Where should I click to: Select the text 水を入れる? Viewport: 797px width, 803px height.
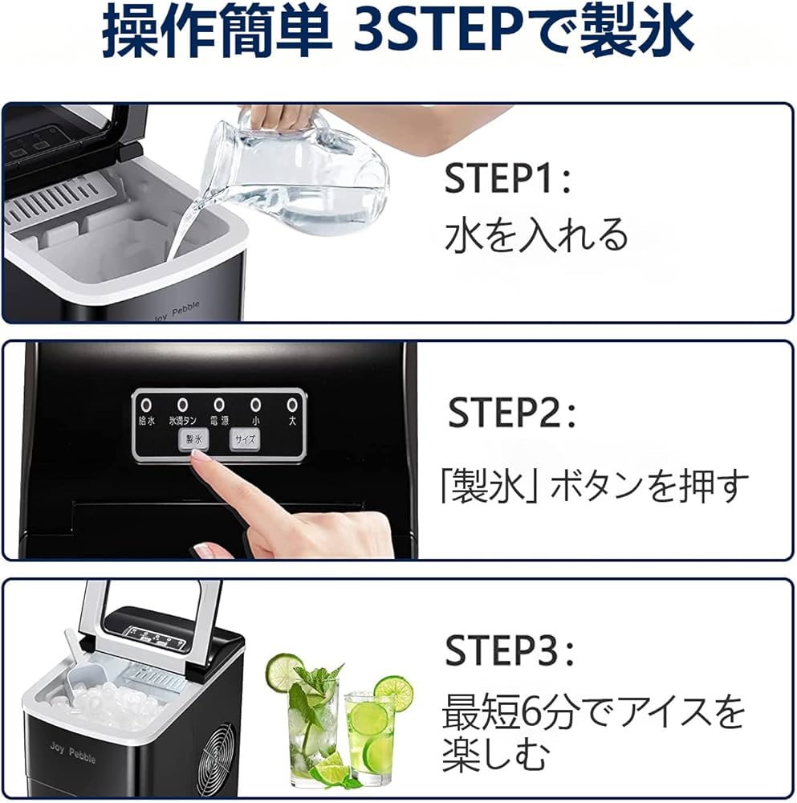(x=535, y=235)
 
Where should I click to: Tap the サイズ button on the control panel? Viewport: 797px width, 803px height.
(x=244, y=439)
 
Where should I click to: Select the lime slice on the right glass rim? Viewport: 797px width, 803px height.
(x=393, y=692)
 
